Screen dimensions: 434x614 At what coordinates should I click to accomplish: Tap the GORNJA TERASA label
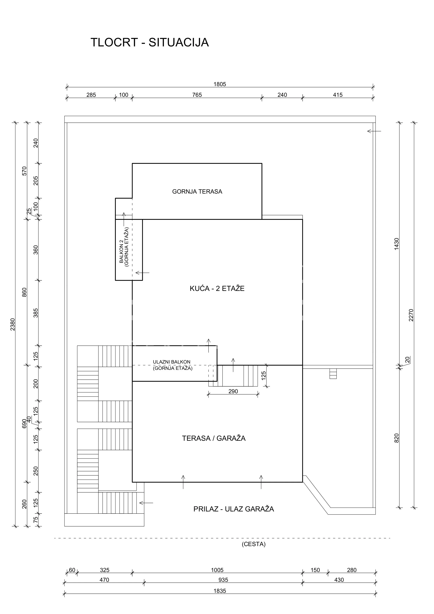[x=197, y=191]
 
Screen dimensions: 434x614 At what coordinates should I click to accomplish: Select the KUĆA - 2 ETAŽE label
[x=217, y=289]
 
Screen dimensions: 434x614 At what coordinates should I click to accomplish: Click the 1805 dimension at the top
[x=220, y=84]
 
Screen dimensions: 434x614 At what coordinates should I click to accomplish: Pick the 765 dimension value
[x=197, y=95]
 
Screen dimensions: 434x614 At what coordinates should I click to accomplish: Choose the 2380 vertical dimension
[x=13, y=324]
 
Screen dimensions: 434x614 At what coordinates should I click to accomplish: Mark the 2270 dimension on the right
[x=411, y=315]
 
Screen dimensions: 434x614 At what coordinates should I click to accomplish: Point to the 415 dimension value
[x=338, y=95]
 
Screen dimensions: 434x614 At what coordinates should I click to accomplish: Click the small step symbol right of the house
[x=333, y=374]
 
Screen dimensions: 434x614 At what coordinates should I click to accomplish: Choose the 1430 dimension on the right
[x=397, y=244]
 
